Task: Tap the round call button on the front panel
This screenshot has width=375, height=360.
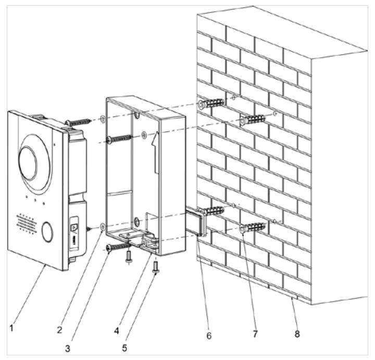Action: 48,231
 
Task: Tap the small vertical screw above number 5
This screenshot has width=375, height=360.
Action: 156,270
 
